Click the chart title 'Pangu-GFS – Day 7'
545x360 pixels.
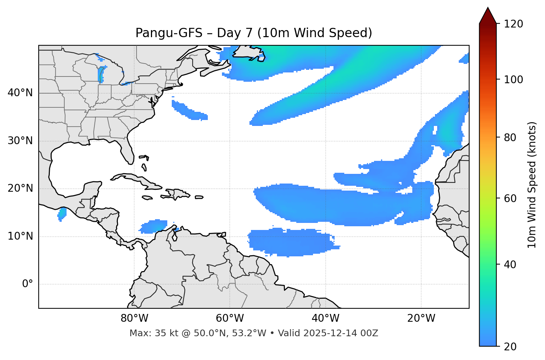pos(254,33)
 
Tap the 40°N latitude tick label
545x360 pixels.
pos(20,93)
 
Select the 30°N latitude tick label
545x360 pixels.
pos(20,141)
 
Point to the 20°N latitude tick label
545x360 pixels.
pos(20,188)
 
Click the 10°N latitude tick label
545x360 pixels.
pos(20,236)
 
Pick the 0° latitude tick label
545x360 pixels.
pos(28,284)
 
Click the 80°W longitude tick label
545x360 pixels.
pos(134,318)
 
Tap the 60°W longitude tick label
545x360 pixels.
pos(230,318)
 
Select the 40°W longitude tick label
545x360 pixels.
pos(325,318)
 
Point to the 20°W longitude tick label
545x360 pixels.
pos(421,318)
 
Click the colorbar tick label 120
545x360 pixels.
pos(513,24)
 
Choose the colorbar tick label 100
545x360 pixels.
pos(513,80)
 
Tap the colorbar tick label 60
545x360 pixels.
pos(510,198)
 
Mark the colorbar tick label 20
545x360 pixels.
pos(510,347)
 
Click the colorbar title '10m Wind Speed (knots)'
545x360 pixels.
pos(532,185)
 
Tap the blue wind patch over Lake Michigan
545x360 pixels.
pos(101,74)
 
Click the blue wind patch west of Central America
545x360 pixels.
pos(62,213)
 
